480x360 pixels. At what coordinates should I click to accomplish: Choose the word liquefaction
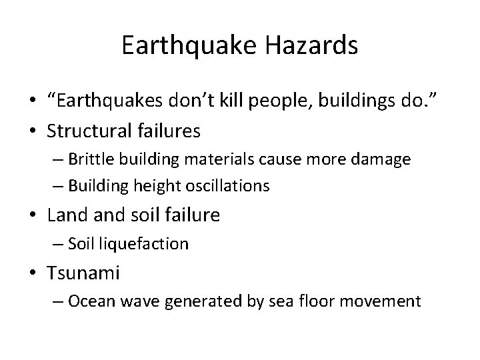click(x=145, y=245)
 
